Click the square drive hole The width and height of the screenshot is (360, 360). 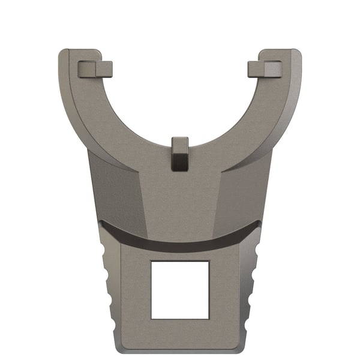coord(180,290)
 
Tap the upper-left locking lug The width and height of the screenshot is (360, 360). coord(95,69)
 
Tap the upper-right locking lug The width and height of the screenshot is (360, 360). coord(265,69)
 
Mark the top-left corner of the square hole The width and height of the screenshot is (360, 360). coord(151,262)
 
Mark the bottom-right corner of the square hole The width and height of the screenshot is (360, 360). coord(209,319)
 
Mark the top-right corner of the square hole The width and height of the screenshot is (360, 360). coord(209,262)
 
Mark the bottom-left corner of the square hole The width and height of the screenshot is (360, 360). coord(151,319)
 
